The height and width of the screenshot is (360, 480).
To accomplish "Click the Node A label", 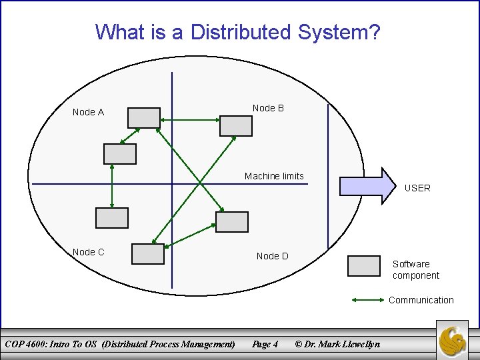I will point(88,112).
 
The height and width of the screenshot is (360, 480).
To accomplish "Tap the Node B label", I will point(268,108).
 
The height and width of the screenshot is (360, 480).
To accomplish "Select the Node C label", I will point(88,252).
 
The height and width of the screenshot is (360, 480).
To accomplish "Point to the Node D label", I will point(272,256).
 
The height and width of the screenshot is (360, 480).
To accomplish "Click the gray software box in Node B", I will point(236,125).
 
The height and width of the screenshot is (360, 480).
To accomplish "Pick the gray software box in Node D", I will point(232,222).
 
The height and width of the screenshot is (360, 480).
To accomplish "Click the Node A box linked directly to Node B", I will point(144,117).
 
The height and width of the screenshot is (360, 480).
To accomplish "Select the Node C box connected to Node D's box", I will point(148,254).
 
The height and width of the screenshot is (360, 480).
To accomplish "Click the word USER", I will point(417,188).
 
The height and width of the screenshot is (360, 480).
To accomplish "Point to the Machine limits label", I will point(274,176).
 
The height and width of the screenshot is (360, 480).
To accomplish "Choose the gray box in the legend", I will point(364,265).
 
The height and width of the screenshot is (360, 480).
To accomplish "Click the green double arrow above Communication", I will point(367,300).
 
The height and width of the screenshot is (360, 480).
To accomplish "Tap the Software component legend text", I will point(415,270).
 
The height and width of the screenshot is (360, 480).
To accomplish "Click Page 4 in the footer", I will point(265,344).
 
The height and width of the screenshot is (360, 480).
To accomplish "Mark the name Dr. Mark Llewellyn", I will point(342,344).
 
